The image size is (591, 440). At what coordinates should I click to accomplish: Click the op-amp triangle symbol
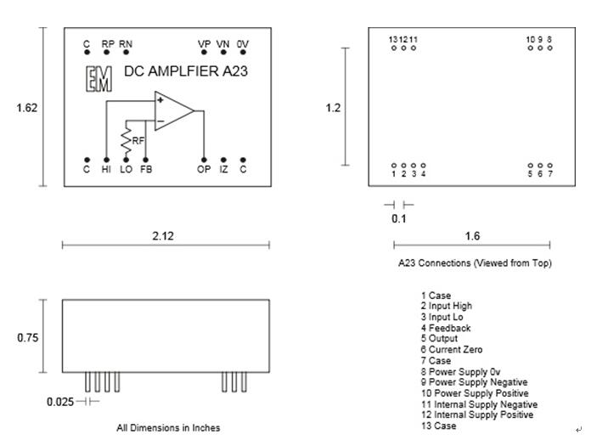[172, 111]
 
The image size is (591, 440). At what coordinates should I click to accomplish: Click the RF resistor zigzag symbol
[127, 138]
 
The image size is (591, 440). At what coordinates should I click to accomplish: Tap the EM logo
[98, 78]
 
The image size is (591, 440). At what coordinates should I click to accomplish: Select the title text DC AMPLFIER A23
[186, 72]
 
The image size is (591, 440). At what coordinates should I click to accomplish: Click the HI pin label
[106, 170]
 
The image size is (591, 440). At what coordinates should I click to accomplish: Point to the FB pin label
[146, 170]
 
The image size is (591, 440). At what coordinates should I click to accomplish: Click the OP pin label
[204, 170]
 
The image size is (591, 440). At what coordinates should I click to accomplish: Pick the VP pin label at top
[204, 43]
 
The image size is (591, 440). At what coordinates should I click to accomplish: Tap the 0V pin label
[243, 43]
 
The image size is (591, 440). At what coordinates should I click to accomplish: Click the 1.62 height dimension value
[26, 108]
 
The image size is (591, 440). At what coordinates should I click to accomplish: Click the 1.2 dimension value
[334, 108]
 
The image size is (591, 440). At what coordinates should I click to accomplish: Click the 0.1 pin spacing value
[398, 219]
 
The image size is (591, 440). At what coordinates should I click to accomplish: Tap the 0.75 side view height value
[28, 338]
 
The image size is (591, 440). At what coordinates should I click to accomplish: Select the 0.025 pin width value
[59, 401]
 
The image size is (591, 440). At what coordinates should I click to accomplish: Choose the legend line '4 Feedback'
[446, 327]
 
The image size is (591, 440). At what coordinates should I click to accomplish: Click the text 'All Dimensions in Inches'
[167, 427]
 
